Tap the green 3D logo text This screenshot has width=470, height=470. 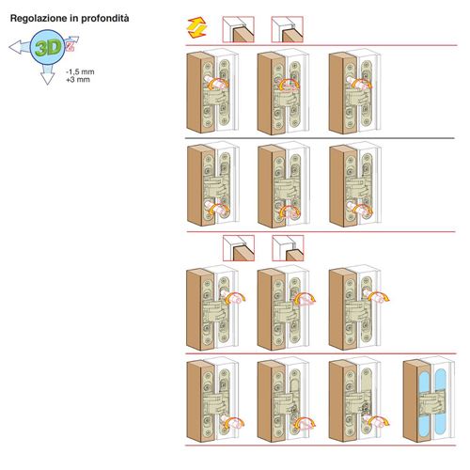(48, 48)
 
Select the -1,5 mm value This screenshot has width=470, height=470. (80, 72)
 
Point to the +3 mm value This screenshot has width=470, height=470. (78, 80)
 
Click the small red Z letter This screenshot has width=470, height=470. (70, 47)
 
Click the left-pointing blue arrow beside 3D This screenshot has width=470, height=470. (20, 48)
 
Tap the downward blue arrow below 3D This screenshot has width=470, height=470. (48, 74)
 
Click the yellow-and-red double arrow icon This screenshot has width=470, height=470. (196, 28)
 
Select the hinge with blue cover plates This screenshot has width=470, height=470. (430, 400)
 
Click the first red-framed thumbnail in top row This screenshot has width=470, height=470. (238, 29)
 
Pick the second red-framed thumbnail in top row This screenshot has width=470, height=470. (288, 29)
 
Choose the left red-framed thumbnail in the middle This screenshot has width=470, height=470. (239, 248)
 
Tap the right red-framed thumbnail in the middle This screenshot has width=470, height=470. (288, 248)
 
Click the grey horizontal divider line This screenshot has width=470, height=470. (320, 138)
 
